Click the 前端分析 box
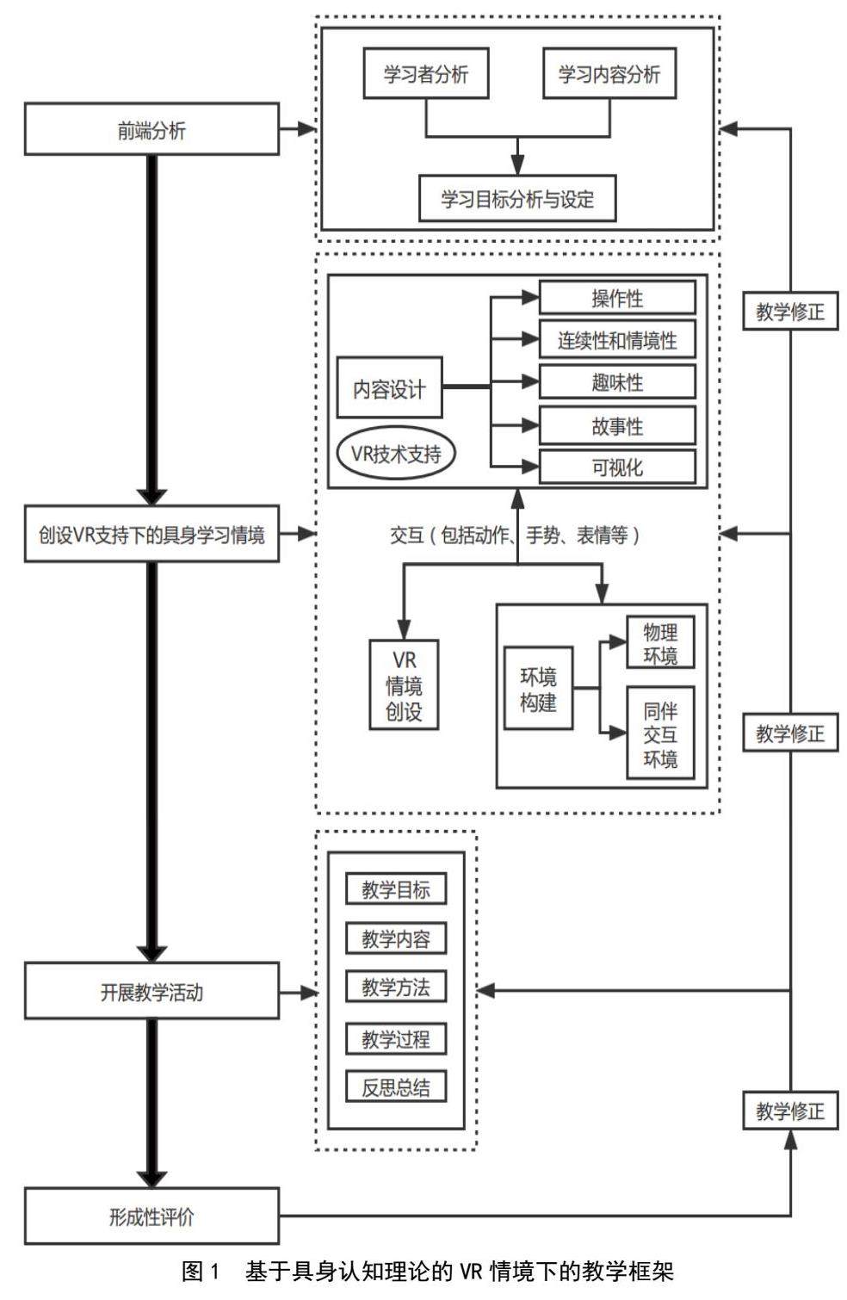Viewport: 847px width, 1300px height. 151,130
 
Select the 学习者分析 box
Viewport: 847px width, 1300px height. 426,74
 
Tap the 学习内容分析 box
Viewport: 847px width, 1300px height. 609,74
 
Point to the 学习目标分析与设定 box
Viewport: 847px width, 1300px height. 517,199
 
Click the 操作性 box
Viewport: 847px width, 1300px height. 617,298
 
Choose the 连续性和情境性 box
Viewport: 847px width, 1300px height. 617,340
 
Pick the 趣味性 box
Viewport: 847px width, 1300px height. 617,382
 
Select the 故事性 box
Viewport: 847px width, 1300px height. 617,426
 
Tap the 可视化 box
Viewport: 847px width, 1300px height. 617,467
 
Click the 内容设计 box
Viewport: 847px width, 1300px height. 389,389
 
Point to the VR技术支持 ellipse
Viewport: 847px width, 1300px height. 396,453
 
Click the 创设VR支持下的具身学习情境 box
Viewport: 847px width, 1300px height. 151,535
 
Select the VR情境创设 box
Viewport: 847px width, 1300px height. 404,685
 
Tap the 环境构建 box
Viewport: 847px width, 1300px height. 538,689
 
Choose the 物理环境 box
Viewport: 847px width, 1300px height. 660,643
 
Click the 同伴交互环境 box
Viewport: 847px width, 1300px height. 660,734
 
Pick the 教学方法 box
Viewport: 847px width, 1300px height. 396,987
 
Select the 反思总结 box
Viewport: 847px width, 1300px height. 396,1086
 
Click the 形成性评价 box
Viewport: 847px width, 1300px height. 151,1216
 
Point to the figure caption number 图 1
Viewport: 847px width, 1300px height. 201,1271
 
